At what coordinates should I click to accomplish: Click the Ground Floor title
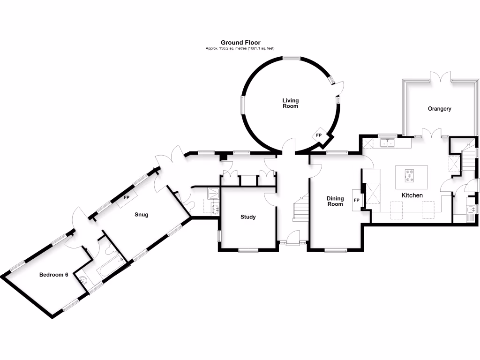tap(240, 43)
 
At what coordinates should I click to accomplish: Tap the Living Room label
tap(290, 103)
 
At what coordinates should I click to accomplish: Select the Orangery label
tap(439, 109)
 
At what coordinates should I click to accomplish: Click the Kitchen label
tap(412, 195)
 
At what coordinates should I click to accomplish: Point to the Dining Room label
tap(335, 202)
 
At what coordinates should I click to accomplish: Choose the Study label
tap(248, 217)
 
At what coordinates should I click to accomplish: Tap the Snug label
tap(141, 215)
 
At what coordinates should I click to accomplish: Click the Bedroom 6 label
tap(53, 275)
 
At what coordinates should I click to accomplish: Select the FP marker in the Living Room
tap(319, 135)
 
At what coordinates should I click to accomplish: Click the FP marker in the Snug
tap(127, 198)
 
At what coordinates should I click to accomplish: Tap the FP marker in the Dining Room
tap(356, 200)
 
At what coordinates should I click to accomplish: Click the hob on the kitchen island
tap(411, 174)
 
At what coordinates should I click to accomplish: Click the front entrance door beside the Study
tap(293, 239)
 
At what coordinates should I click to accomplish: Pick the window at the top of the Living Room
tap(291, 58)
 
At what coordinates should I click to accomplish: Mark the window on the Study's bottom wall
tap(247, 250)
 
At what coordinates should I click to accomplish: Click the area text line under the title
tap(240, 49)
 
